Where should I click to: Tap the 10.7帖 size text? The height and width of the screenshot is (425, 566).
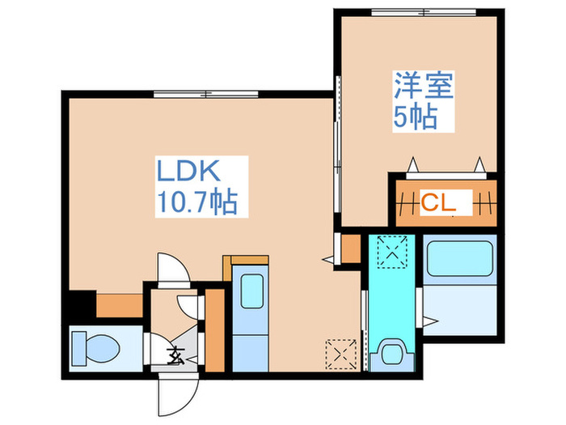(x=196, y=201)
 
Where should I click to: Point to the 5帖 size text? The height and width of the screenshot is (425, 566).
(x=416, y=117)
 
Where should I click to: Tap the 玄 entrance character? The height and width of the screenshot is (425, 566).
(x=175, y=354)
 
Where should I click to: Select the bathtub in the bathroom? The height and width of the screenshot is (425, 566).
(x=458, y=261)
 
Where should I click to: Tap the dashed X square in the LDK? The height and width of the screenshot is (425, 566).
(x=340, y=354)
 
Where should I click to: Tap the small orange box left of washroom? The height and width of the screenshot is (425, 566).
(x=350, y=249)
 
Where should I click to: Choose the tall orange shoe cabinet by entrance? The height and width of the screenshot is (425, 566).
(x=214, y=328)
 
